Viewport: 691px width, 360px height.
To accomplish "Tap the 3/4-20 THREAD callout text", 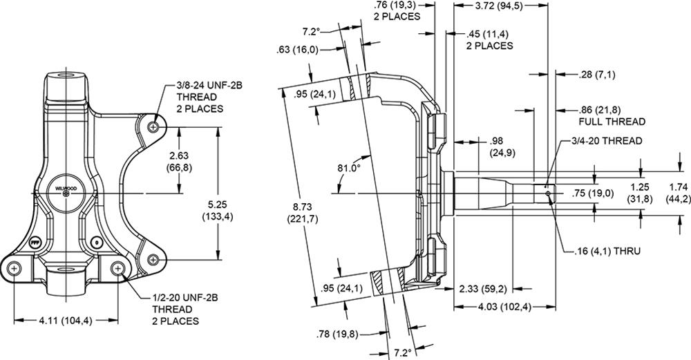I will tap(609, 140).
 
